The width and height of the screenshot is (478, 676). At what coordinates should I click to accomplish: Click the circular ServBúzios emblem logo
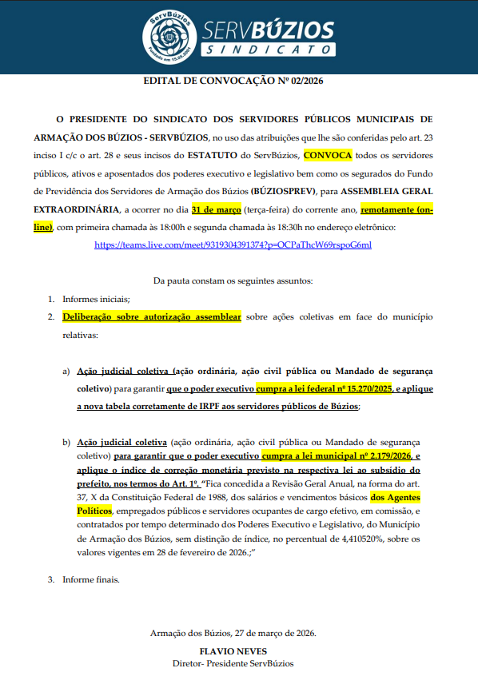(x=169, y=36)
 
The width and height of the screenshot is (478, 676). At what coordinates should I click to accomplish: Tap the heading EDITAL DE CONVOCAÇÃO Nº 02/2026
(x=233, y=81)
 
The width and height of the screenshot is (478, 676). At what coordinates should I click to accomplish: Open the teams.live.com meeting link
(x=233, y=245)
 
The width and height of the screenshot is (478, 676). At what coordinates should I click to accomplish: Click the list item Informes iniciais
(x=95, y=299)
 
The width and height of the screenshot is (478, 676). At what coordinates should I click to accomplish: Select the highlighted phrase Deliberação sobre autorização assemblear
(x=152, y=317)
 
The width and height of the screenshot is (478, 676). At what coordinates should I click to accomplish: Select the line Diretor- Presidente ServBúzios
(x=233, y=664)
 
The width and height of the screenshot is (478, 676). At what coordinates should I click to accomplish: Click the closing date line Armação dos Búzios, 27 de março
(x=233, y=634)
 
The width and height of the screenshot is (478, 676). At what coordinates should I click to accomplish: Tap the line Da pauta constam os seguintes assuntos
(x=233, y=280)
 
